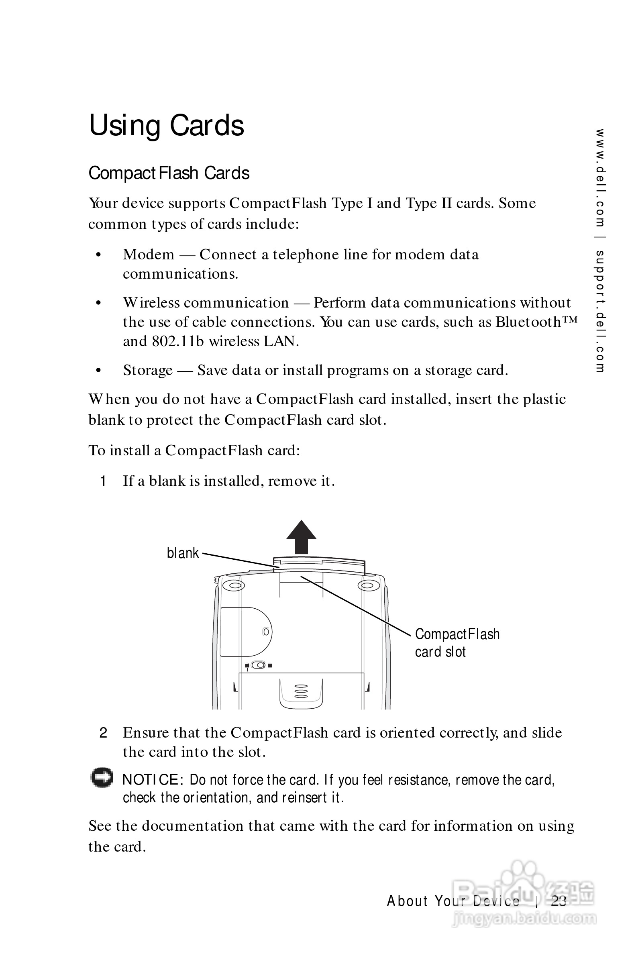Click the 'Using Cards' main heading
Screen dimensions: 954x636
tap(166, 125)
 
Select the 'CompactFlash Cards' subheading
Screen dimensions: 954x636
tap(169, 173)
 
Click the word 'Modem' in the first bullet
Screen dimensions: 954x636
tap(149, 255)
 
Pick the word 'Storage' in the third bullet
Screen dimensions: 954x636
tap(148, 370)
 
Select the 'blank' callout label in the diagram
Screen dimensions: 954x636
tap(183, 553)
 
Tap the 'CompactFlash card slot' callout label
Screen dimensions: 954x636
tap(457, 643)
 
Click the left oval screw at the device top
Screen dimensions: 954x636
tap(234, 586)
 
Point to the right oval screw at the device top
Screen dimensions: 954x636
tap(368, 586)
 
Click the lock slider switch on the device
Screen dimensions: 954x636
tap(259, 665)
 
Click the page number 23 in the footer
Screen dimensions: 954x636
tap(559, 901)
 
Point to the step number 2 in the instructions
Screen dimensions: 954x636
tap(104, 733)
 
